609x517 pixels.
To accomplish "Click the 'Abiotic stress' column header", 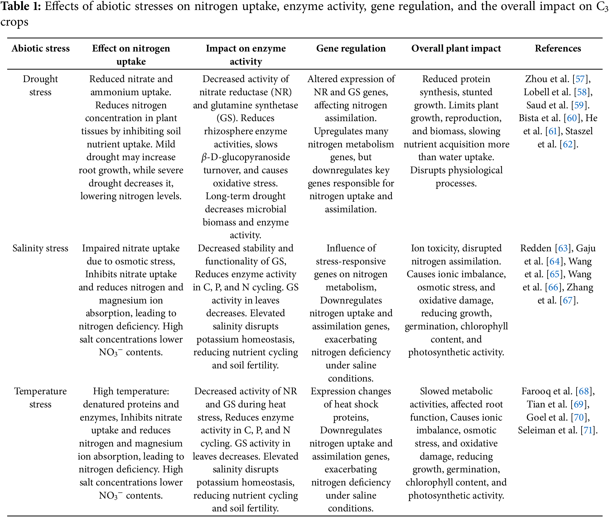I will click(41, 48).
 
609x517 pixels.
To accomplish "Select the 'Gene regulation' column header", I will click(351, 48).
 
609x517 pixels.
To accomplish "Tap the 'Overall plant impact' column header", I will click(456, 48).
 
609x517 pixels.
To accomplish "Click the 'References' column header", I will click(558, 48).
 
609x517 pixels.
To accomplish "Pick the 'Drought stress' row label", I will click(40, 86).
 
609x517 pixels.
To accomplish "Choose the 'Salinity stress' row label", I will click(40, 248).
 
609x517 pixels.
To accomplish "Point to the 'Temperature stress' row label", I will click(40, 398).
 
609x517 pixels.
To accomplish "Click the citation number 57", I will click(580, 79).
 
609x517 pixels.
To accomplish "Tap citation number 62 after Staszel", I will click(568, 144).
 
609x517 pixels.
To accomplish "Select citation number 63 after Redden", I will click(563, 248).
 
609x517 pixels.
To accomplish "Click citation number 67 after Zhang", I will click(568, 300).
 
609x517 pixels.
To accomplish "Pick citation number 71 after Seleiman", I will click(588, 431).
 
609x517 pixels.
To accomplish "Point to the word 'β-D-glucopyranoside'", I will click(246, 157).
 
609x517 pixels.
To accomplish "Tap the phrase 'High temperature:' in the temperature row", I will click(131, 391).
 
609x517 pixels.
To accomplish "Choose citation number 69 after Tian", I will click(578, 405).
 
